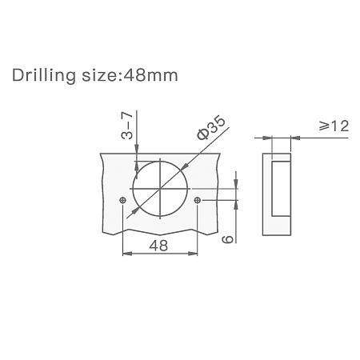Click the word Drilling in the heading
pyautogui.click(x=44, y=76)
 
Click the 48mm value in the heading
pyautogui.click(x=150, y=75)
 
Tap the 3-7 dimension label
pyautogui.click(x=127, y=126)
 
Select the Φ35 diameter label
pyautogui.click(x=211, y=128)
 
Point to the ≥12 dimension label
pyautogui.click(x=334, y=126)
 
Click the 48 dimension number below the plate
pyautogui.click(x=158, y=246)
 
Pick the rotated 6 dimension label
pyautogui.click(x=227, y=239)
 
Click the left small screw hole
pyautogui.click(x=123, y=200)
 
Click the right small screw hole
pyautogui.click(x=197, y=200)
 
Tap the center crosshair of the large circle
pyautogui.click(x=160, y=189)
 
